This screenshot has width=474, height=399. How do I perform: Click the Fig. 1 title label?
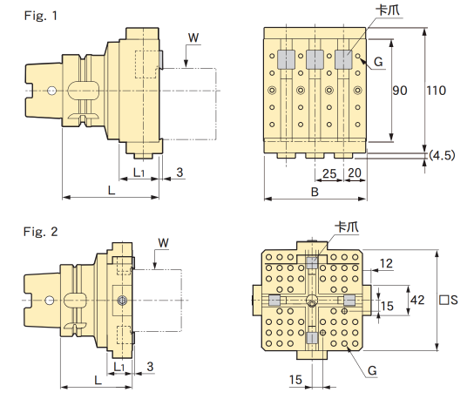tap(40, 16)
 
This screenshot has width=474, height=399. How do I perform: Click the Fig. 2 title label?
tap(40, 232)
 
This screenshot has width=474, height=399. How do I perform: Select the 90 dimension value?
tap(400, 91)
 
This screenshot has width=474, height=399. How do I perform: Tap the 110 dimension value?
tap(437, 91)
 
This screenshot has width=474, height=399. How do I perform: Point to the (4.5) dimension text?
tap(442, 155)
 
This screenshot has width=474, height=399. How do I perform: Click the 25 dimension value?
tap(329, 173)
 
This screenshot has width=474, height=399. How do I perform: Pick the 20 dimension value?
tap(355, 172)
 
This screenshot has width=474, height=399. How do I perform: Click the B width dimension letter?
tap(315, 192)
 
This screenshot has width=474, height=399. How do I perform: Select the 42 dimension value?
tap(417, 300)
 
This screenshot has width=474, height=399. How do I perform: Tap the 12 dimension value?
tap(386, 263)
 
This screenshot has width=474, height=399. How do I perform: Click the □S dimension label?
tap(449, 300)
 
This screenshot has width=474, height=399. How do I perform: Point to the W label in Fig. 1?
tap(193, 37)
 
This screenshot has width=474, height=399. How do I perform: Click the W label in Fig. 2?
tap(164, 243)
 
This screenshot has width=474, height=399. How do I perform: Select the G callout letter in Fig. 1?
tap(378, 62)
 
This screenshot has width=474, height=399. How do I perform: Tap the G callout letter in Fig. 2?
tap(372, 370)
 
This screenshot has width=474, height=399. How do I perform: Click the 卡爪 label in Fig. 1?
tap(388, 10)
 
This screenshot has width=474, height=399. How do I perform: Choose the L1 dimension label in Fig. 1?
tap(139, 172)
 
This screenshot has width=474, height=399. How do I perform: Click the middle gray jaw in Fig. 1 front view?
tap(315, 59)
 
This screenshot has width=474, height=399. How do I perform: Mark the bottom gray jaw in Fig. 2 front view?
tap(312, 338)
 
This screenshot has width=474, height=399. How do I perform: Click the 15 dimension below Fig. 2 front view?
tap(295, 380)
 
